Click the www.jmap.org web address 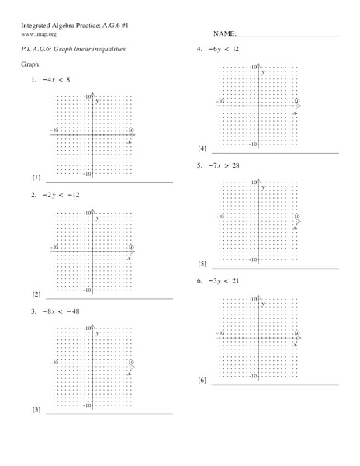pyautogui.click(x=38, y=34)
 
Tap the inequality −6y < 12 pyautogui.click(x=223, y=48)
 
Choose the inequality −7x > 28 pyautogui.click(x=223, y=165)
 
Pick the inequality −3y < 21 pyautogui.click(x=223, y=280)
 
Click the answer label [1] pyautogui.click(x=36, y=177)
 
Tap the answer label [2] pyautogui.click(x=36, y=294)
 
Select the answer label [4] pyautogui.click(x=202, y=148)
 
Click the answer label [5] pyautogui.click(x=202, y=264)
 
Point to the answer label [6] pyautogui.click(x=202, y=381)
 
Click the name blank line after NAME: pyautogui.click(x=287, y=36)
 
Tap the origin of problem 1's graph pyautogui.click(x=93, y=135)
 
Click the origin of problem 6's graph pyautogui.click(x=258, y=337)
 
